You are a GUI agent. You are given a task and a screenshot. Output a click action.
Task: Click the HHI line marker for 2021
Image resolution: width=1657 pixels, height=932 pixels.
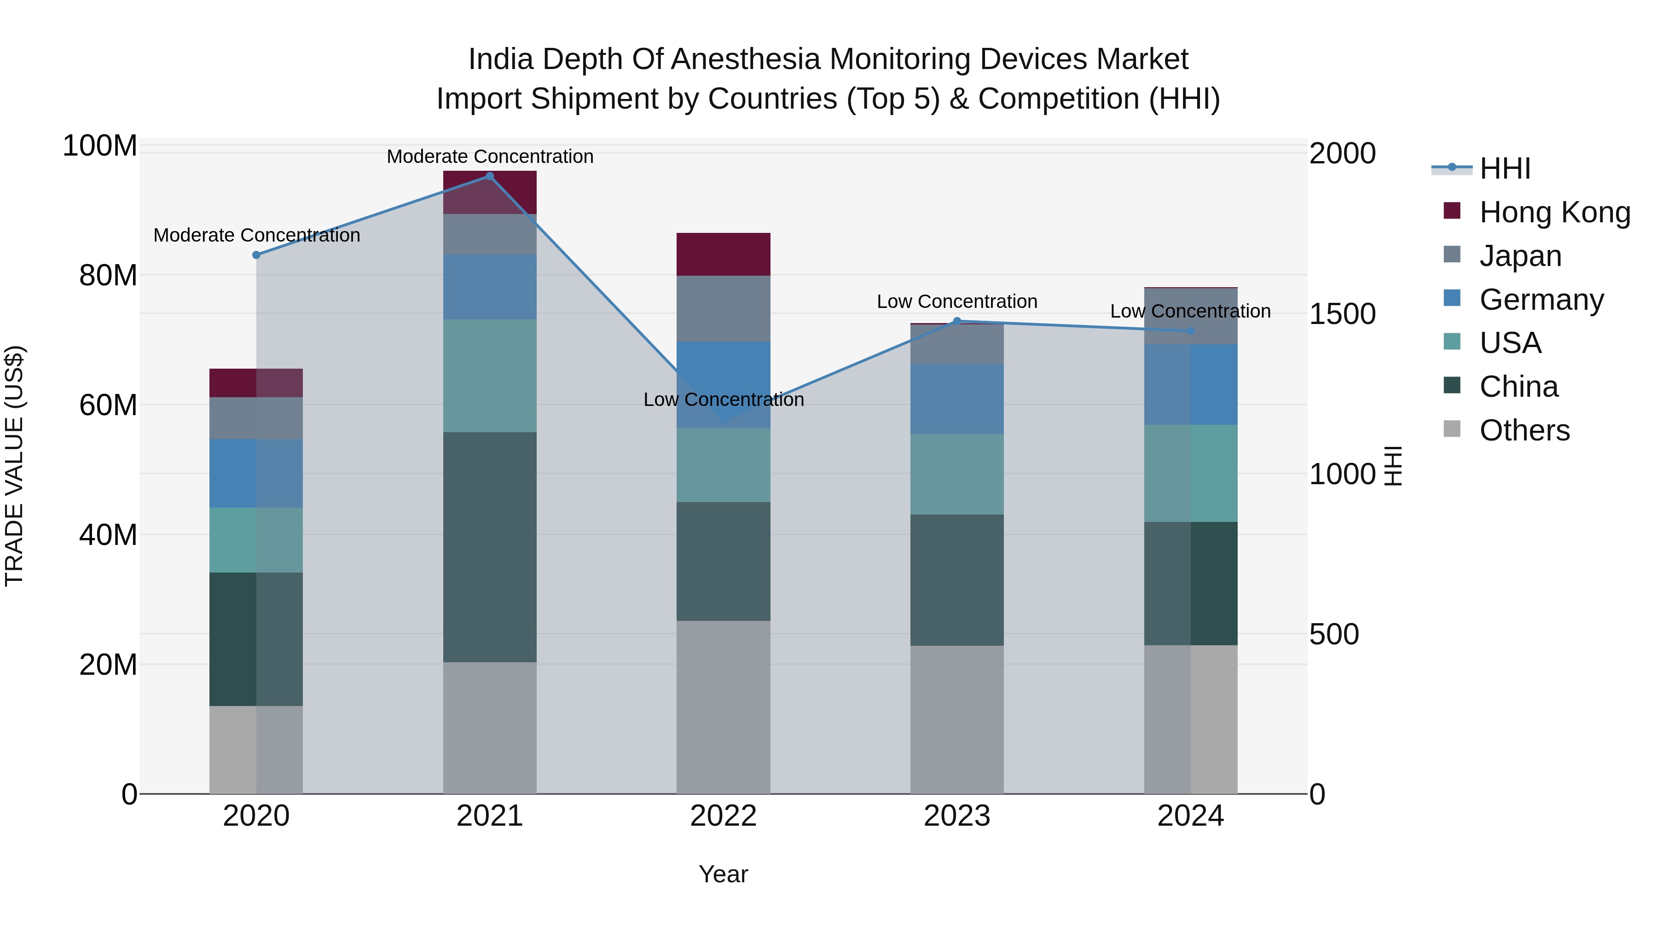point(490,176)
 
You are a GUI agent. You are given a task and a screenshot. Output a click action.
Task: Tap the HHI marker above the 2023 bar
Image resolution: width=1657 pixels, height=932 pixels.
point(956,321)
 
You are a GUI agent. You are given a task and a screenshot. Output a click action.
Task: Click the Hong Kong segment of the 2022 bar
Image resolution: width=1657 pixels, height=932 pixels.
point(723,255)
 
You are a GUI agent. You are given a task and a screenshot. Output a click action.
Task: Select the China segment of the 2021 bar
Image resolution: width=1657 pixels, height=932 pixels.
point(490,547)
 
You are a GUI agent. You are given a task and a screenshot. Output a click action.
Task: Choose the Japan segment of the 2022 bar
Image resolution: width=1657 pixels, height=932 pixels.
point(723,309)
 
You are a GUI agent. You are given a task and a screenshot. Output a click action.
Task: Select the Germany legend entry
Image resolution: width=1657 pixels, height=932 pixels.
point(1541,300)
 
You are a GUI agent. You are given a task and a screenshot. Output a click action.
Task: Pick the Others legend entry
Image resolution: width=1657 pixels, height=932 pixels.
point(1524,430)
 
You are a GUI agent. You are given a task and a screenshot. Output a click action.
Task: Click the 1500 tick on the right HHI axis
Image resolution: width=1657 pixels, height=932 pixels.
point(1342,314)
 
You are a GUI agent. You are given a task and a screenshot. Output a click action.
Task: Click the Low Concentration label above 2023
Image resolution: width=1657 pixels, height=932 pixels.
point(956,301)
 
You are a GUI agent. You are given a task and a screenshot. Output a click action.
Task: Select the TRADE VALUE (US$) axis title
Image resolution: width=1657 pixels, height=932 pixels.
point(14,466)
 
